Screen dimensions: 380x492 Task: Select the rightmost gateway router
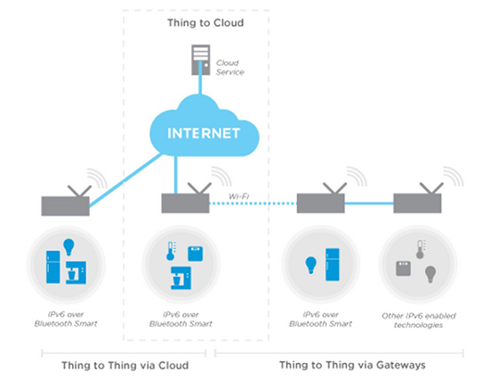pos(417,202)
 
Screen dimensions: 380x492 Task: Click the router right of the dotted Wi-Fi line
pos(321,202)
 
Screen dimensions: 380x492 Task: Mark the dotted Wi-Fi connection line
pos(253,204)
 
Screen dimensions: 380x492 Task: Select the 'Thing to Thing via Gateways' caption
pos(352,364)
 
